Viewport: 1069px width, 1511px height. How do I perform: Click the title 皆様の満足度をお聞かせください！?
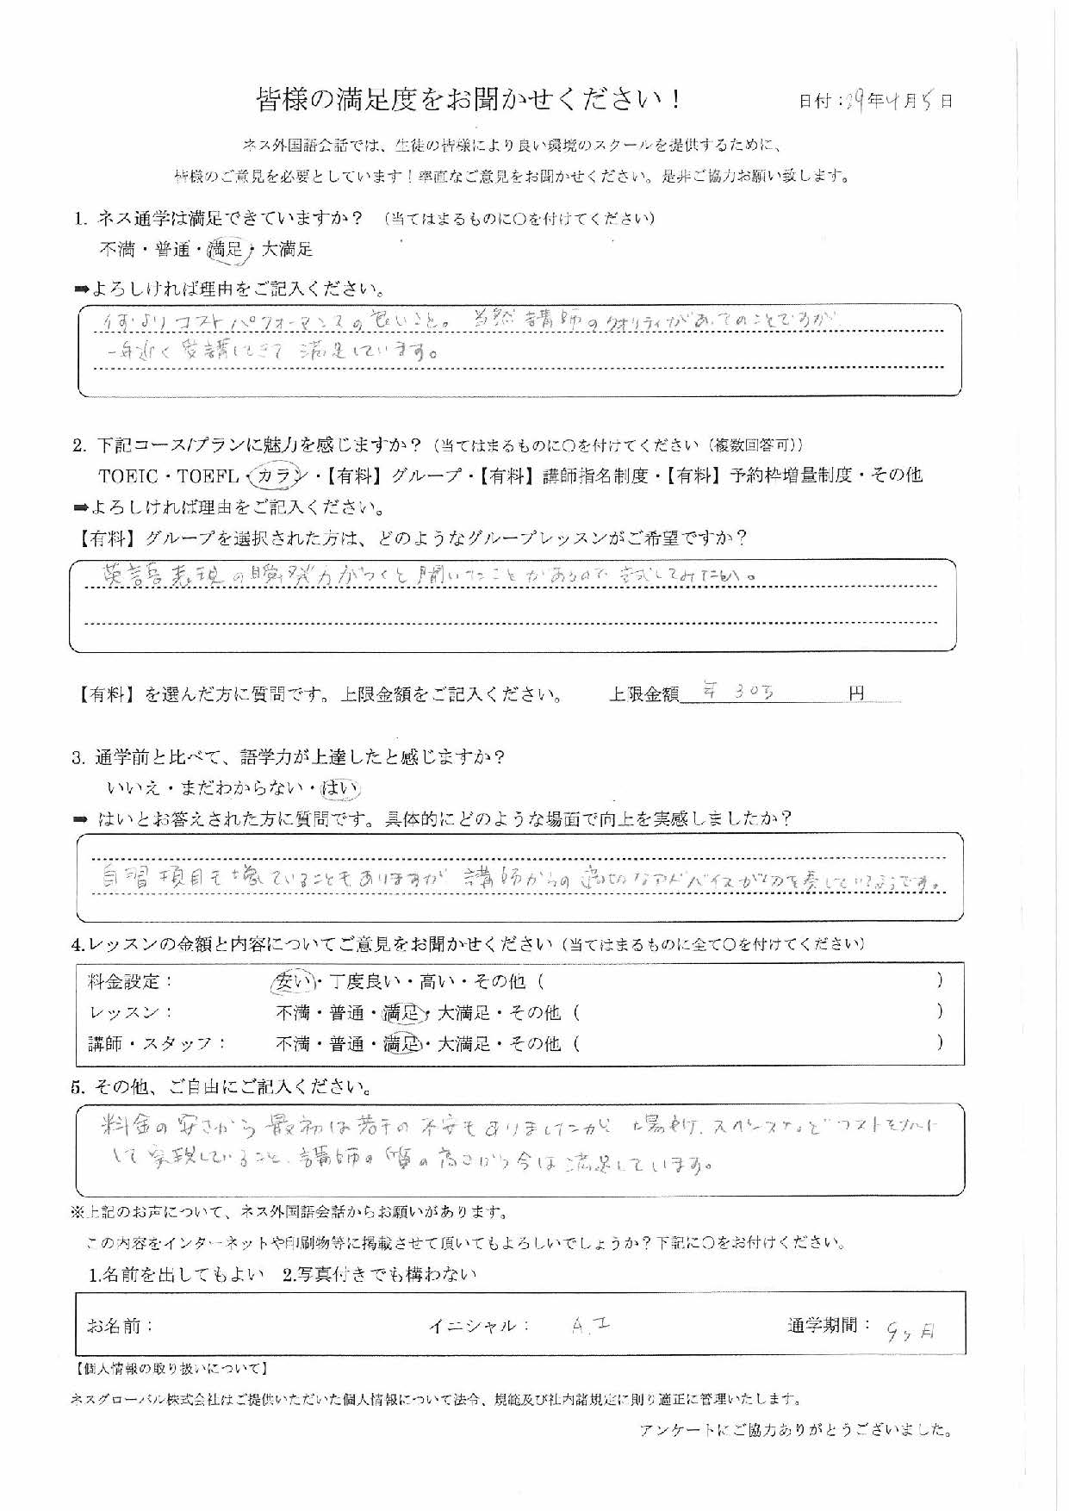click(470, 100)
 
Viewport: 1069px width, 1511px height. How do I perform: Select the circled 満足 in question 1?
click(226, 250)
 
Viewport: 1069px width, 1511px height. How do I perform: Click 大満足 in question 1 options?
click(287, 250)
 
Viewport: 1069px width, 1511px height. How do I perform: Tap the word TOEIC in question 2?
click(128, 476)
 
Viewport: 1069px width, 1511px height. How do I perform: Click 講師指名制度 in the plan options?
click(595, 476)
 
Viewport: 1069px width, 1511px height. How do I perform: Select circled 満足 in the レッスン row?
click(401, 1012)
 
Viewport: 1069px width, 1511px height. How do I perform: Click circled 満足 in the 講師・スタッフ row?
click(401, 1044)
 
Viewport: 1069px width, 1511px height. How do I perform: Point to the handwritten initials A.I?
click(591, 1328)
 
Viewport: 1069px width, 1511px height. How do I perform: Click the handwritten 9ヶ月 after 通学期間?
click(910, 1332)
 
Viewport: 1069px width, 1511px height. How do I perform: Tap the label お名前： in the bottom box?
click(121, 1326)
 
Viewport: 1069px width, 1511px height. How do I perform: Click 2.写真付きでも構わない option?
click(379, 1274)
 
